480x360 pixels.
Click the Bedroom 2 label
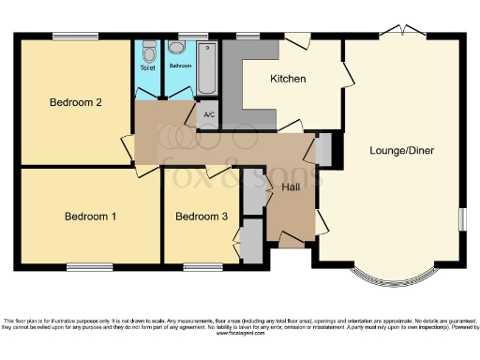(75, 103)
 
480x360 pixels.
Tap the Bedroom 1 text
(90, 217)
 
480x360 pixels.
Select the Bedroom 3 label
(202, 217)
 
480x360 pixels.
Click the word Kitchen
(288, 79)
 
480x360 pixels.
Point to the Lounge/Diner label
(401, 150)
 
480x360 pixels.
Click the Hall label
(291, 187)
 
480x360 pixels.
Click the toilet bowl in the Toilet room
(148, 51)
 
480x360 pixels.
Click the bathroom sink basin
(176, 49)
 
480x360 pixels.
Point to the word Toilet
(148, 67)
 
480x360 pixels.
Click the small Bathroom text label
(180, 67)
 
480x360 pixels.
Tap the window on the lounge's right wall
(463, 217)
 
